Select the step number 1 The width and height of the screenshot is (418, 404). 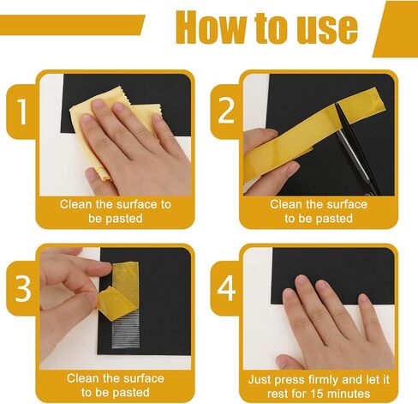point(22,112)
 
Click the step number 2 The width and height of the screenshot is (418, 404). point(226,112)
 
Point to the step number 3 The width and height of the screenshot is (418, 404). point(23,288)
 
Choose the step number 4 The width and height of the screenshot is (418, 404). point(226,288)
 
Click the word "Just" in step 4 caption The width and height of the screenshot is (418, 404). point(260,380)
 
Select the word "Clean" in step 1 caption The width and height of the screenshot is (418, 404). point(76,204)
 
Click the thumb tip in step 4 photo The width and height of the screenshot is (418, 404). point(283,362)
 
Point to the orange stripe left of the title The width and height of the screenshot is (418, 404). point(71,25)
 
